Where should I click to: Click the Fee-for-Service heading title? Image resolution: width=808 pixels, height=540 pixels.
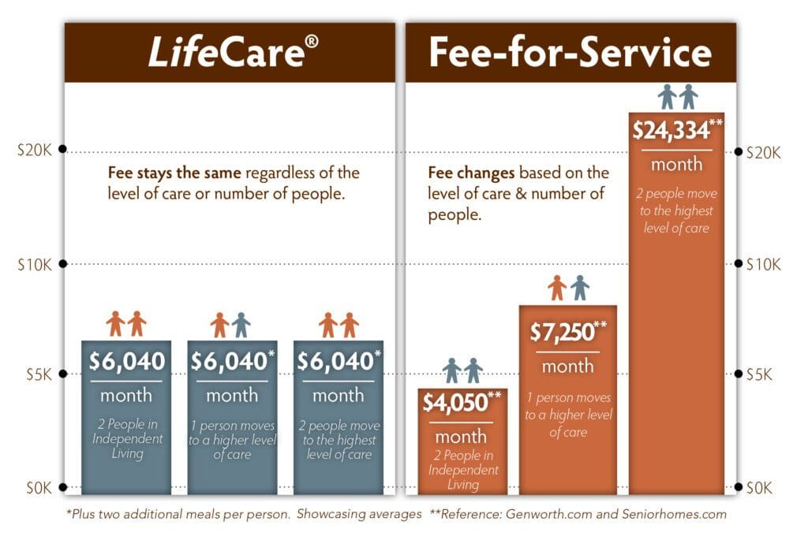point(570,52)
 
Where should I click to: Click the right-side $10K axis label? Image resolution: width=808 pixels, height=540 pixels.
point(763,263)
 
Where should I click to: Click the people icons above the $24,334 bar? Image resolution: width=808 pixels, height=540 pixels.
point(678,97)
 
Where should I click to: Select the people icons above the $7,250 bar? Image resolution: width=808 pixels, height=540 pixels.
point(568,288)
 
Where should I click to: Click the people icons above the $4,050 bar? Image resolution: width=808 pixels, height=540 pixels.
point(462,371)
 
